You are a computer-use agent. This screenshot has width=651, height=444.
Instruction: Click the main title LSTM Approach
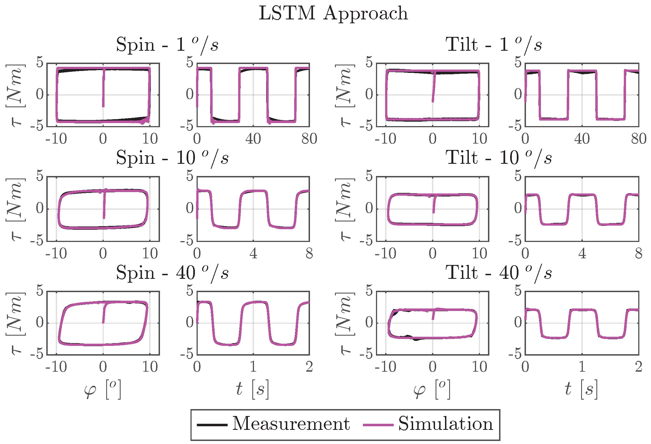pyautogui.click(x=333, y=13)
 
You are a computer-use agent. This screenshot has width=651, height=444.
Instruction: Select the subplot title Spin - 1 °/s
pyautogui.click(x=167, y=45)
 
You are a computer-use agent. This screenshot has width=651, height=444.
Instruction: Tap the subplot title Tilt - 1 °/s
pyautogui.click(x=494, y=45)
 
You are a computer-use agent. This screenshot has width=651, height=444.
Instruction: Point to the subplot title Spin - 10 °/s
pyautogui.click(x=172, y=158)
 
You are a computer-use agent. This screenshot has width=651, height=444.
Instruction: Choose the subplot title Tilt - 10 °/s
pyautogui.click(x=499, y=158)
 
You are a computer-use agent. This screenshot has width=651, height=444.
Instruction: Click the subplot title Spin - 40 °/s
pyautogui.click(x=172, y=273)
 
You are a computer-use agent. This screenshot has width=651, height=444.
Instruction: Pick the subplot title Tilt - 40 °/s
pyautogui.click(x=499, y=273)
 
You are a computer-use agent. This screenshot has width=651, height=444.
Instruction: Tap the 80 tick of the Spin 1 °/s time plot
pyautogui.click(x=309, y=139)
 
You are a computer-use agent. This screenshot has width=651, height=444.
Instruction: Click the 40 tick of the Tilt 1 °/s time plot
pyautogui.click(x=582, y=139)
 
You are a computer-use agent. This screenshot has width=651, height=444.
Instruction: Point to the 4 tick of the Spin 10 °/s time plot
pyautogui.click(x=253, y=254)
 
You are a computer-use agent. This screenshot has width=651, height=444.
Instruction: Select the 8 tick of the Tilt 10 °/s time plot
pyautogui.click(x=639, y=254)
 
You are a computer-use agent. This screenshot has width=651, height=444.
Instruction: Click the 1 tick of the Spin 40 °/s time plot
pyautogui.click(x=253, y=367)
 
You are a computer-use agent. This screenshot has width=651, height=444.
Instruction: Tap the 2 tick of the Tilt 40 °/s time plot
pyautogui.click(x=639, y=367)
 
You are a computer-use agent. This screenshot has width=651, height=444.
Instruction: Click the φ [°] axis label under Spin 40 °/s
pyautogui.click(x=103, y=389)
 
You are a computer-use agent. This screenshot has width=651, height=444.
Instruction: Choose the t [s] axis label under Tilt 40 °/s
pyautogui.click(x=581, y=389)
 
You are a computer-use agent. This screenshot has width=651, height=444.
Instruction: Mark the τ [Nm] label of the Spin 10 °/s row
pyautogui.click(x=16, y=209)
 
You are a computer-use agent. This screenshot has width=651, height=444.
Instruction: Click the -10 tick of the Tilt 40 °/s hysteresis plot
pyautogui.click(x=385, y=367)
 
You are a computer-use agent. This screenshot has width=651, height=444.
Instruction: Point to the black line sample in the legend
pyautogui.click(x=212, y=425)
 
